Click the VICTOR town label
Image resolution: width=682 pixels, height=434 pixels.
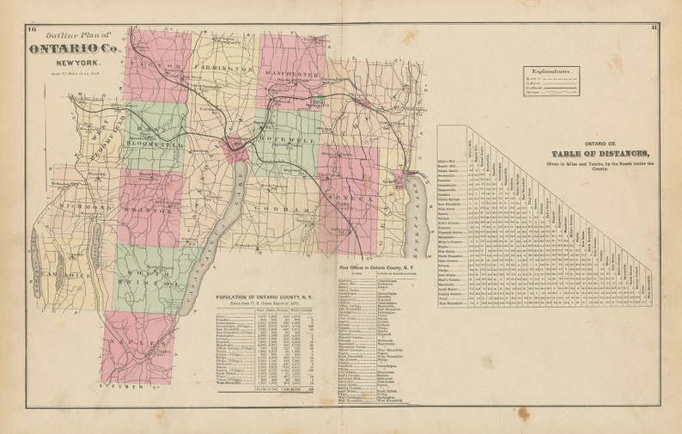[155, 68]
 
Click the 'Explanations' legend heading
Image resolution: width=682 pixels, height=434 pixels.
[550, 74]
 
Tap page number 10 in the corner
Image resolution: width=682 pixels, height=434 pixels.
[32, 30]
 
